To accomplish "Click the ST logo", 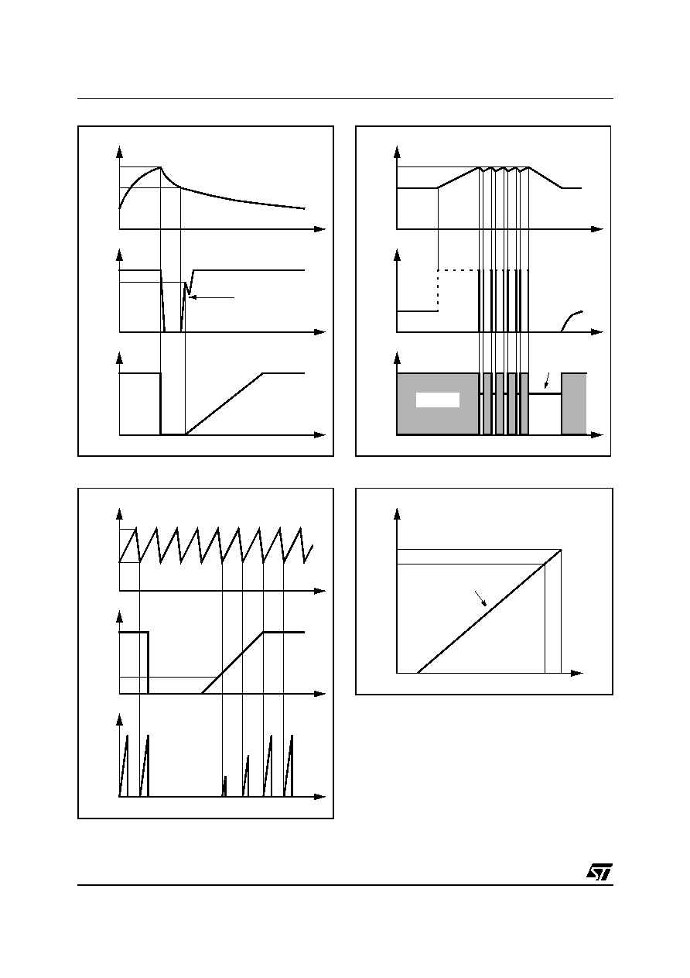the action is click(599, 871).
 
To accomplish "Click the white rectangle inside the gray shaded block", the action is click(438, 400).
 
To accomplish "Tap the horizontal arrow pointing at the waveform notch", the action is click(213, 297).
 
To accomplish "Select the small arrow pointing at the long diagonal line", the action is click(480, 599).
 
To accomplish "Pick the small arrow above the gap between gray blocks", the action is click(547, 380).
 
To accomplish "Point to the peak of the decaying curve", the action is click(160, 167).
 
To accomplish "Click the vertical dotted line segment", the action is click(438, 291).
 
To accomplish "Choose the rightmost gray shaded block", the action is click(573, 404).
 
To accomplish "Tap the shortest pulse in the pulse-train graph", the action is click(224, 786).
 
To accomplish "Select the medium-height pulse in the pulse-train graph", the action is click(245, 776).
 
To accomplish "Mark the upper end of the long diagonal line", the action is click(561, 550).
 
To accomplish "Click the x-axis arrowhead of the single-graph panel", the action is click(577, 673).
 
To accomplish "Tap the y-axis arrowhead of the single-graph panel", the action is click(397, 514).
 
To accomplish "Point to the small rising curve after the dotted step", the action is click(572, 321).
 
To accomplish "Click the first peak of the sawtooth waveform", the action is click(135, 528).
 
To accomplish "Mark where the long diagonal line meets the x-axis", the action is click(418, 673).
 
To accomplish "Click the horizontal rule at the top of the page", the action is click(345, 98).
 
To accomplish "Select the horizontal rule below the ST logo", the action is click(345, 885).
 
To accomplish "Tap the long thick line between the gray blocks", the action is click(545, 394).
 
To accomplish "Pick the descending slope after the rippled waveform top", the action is click(545, 177).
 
